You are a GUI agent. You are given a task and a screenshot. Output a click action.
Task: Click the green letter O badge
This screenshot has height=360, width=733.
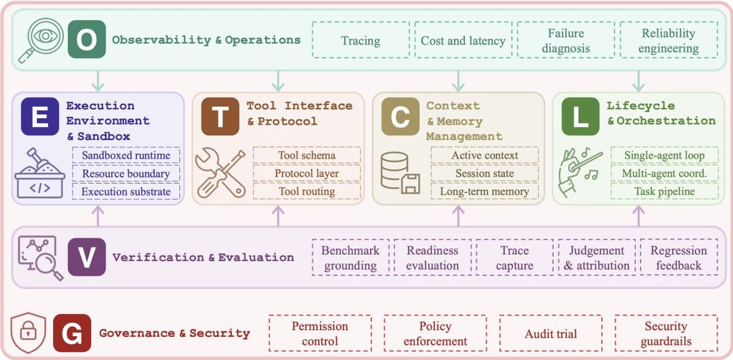pyautogui.click(x=87, y=39)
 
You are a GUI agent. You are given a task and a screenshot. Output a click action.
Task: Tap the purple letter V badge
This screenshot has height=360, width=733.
pyautogui.click(x=87, y=257)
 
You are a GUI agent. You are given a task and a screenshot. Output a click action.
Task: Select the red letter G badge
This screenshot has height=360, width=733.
pyautogui.click(x=72, y=333)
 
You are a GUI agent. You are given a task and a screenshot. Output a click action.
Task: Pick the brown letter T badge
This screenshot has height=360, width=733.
pyautogui.click(x=221, y=116)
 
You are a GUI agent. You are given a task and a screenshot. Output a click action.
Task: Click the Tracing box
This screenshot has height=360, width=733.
pyautogui.click(x=361, y=40)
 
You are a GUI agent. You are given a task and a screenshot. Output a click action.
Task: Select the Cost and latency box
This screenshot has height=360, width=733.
pyautogui.click(x=464, y=40)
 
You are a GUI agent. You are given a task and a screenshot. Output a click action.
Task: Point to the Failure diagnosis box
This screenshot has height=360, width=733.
pyautogui.click(x=566, y=40)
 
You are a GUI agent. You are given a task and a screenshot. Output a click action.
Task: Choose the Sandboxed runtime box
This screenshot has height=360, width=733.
pyautogui.click(x=126, y=155)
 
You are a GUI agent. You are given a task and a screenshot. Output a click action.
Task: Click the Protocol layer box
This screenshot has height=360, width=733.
pyautogui.click(x=307, y=173)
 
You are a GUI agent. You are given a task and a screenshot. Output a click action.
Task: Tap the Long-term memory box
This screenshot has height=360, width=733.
pyautogui.click(x=484, y=191)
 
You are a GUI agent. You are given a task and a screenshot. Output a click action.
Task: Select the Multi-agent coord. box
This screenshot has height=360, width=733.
pyautogui.click(x=665, y=173)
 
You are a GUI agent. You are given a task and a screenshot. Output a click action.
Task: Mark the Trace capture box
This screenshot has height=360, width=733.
pyautogui.click(x=515, y=257)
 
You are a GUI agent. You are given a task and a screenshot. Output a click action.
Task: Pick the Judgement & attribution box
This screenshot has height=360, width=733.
pyautogui.click(x=597, y=257)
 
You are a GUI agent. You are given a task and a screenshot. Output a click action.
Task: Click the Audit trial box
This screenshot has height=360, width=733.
pyautogui.click(x=551, y=333)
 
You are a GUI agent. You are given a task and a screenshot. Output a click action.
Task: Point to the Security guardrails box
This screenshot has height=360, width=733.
pyautogui.click(x=666, y=333)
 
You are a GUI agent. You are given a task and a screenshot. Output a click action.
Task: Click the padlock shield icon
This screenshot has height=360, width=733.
pyautogui.click(x=28, y=333)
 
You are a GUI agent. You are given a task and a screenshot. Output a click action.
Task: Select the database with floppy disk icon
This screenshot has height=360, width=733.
pyautogui.click(x=400, y=173)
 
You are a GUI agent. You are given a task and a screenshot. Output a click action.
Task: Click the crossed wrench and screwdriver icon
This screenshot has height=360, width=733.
pyautogui.click(x=221, y=173)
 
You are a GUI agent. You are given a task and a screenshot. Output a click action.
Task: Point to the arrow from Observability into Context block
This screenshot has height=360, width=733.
pyautogui.click(x=458, y=81)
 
